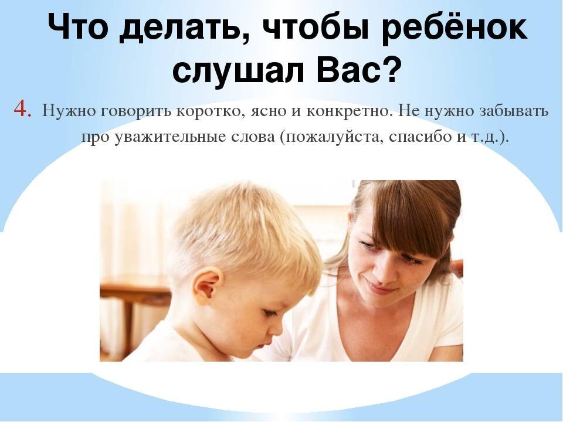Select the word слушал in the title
pyautogui.click(x=231, y=71)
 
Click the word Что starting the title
pyautogui.click(x=77, y=29)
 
